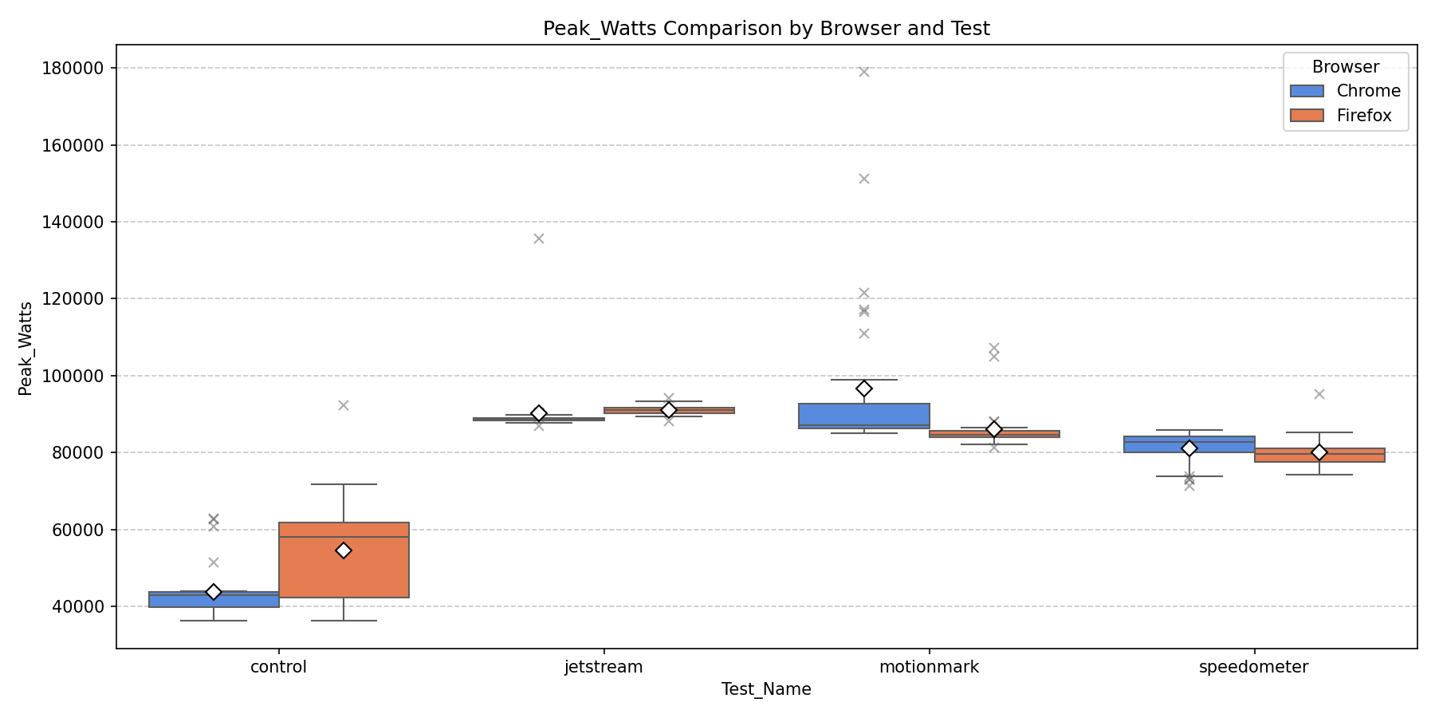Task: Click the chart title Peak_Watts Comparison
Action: [x=766, y=29]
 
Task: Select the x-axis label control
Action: [x=278, y=667]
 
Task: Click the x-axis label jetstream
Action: [x=603, y=667]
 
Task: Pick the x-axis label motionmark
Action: [x=929, y=667]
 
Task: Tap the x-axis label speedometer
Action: [x=1253, y=667]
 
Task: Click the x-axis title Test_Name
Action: [x=766, y=689]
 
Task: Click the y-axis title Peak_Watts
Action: [x=26, y=348]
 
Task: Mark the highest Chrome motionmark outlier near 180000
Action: [x=864, y=72]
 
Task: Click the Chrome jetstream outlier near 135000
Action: [x=539, y=239]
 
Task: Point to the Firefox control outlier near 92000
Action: [x=344, y=405]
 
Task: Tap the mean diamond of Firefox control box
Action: [x=344, y=550]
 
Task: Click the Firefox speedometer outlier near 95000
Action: [x=1319, y=394]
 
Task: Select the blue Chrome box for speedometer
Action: [x=1189, y=444]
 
